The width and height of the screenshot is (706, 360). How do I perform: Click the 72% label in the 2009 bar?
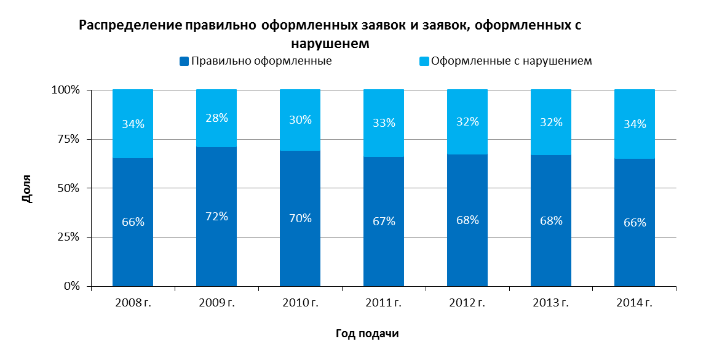pos(216,216)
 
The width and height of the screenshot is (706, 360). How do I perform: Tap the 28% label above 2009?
pos(216,118)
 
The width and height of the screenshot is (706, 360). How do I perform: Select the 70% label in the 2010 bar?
pos(300,218)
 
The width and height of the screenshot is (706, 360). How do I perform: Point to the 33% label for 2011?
pos(384,122)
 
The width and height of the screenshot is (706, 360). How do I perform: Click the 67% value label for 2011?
pos(384,221)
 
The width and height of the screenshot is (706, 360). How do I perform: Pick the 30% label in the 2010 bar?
pos(300,120)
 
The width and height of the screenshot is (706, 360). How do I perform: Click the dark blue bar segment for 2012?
pos(467,220)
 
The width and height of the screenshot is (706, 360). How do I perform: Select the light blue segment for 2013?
pos(551,122)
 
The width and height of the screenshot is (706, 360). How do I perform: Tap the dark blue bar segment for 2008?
pos(133,222)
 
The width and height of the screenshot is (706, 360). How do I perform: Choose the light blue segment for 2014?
pos(635,124)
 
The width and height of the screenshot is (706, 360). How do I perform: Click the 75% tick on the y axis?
pos(68,139)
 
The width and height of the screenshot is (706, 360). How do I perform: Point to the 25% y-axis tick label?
pos(68,237)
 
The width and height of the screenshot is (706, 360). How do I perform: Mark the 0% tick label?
pos(71,286)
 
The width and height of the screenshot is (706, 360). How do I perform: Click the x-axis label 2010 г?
pos(300,303)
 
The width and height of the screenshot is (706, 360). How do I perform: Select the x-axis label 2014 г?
pos(635,303)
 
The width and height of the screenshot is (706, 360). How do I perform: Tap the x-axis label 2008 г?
pos(133,303)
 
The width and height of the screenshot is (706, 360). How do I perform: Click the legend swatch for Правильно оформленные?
pos(184,62)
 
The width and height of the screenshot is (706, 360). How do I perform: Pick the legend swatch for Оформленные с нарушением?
pos(424,62)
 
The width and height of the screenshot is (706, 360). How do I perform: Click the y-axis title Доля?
pos(28,189)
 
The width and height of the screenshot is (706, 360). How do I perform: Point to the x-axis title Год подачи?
pos(367,334)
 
